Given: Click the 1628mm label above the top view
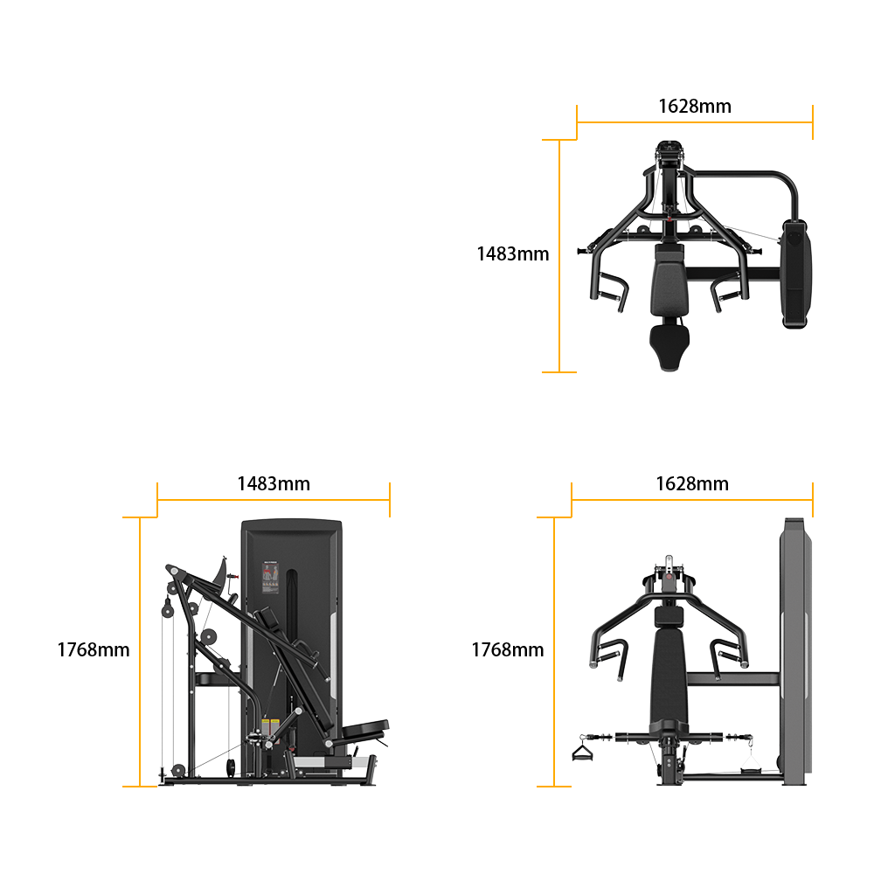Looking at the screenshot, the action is (695, 106).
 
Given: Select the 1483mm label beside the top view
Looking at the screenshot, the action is (513, 253).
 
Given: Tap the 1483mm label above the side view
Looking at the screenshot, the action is (274, 483).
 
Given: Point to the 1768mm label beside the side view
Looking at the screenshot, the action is (94, 649).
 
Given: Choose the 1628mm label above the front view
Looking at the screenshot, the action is (692, 483).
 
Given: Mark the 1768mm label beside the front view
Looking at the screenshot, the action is (508, 649).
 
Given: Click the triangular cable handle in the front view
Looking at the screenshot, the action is (582, 753).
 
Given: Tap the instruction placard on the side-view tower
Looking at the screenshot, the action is (270, 578).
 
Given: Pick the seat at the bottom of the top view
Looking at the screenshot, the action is (669, 344).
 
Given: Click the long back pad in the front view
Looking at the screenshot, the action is (669, 675).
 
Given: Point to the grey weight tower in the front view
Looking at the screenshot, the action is (795, 651).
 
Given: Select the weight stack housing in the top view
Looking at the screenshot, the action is (796, 274).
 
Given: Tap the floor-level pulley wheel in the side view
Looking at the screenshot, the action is (178, 770).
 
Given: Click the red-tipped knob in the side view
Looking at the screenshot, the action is (232, 576).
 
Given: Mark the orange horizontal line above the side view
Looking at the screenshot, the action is (274, 500).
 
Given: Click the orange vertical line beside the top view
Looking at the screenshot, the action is (559, 256).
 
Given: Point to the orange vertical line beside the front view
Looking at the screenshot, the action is (554, 652).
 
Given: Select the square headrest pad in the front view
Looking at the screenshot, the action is (669, 615).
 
